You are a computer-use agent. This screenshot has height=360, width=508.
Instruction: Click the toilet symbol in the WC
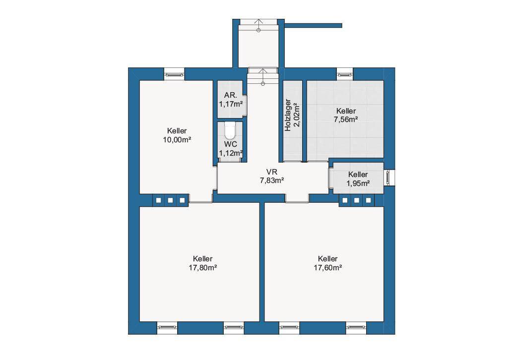(x=230, y=130)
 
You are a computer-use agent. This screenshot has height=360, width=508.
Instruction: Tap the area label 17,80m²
(x=203, y=268)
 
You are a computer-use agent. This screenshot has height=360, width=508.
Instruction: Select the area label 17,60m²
(x=328, y=268)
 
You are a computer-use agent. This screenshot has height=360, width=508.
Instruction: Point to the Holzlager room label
(x=288, y=115)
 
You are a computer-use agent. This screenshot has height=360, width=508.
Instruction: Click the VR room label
(x=271, y=172)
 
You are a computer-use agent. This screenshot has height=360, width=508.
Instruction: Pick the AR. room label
(x=231, y=95)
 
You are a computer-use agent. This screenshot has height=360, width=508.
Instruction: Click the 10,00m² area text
(x=177, y=140)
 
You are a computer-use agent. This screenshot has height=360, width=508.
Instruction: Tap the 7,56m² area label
(x=346, y=120)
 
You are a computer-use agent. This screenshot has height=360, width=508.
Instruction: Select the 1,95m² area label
(x=358, y=183)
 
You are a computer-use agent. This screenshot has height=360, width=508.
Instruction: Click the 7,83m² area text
(x=272, y=180)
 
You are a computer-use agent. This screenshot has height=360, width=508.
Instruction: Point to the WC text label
(x=230, y=144)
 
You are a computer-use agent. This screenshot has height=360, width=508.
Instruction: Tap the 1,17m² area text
(x=231, y=104)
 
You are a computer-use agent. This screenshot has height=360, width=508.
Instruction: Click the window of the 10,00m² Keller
(x=174, y=74)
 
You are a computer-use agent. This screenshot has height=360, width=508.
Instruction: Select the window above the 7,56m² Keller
(x=345, y=74)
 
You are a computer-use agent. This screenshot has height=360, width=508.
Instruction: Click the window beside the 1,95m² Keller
(x=389, y=178)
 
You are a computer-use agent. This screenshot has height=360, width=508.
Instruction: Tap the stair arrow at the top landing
(x=258, y=25)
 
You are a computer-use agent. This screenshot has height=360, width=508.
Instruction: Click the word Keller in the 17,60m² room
(x=328, y=259)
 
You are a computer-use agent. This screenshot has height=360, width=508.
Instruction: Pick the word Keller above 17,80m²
(x=203, y=259)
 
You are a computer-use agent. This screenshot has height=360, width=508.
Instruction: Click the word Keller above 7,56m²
(x=346, y=111)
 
